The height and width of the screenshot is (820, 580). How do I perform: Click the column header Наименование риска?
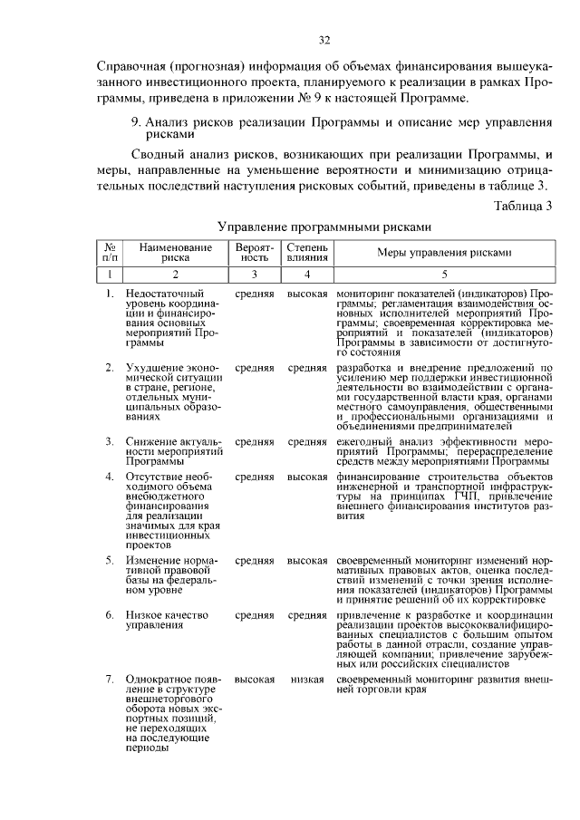[176, 252]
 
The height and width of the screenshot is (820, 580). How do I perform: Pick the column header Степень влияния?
[307, 252]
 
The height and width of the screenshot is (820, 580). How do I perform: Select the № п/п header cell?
[109, 252]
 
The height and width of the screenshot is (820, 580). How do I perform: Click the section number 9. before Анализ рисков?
[136, 120]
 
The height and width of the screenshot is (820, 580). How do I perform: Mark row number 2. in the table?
[110, 368]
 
